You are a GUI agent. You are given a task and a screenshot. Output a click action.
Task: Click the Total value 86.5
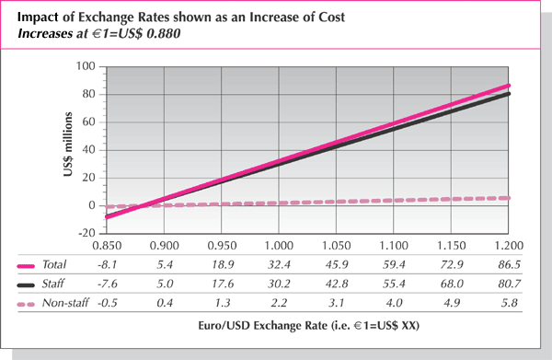(x=509, y=265)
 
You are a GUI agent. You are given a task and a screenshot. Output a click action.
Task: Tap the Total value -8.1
(x=108, y=265)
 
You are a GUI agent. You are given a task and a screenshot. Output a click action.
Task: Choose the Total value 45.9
(x=337, y=265)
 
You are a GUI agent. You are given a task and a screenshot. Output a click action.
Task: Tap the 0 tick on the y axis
(x=92, y=206)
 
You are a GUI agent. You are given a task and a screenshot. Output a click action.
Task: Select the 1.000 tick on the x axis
(x=280, y=247)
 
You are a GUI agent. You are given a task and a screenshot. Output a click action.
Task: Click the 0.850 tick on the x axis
(x=108, y=247)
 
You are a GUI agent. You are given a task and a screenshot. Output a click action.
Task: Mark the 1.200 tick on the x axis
(x=509, y=247)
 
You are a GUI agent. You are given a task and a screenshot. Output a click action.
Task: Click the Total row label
(x=56, y=265)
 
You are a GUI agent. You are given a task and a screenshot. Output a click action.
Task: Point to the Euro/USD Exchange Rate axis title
(x=277, y=327)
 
